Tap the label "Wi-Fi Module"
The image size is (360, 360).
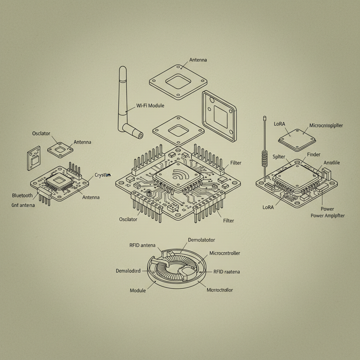pyautogui.click(x=150, y=105)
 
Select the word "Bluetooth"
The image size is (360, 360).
pyautogui.click(x=22, y=195)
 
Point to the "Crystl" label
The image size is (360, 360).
pyautogui.click(x=102, y=175)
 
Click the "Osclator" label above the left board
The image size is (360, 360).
pyautogui.click(x=41, y=134)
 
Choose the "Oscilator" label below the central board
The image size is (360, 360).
pyautogui.click(x=128, y=219)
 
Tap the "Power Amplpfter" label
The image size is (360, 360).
pyautogui.click(x=328, y=216)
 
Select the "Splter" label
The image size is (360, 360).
pyautogui.click(x=279, y=157)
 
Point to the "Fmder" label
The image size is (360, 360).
pyautogui.click(x=314, y=155)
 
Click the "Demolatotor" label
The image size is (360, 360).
pyautogui.click(x=201, y=240)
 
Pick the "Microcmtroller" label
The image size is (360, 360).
pyautogui.click(x=225, y=253)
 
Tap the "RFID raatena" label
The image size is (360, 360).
pyautogui.click(x=227, y=272)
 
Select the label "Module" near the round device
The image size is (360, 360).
pyautogui.click(x=138, y=291)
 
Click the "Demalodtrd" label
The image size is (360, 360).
pyautogui.click(x=128, y=271)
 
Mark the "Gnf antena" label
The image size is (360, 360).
pyautogui.click(x=23, y=205)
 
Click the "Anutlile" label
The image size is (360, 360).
pyautogui.click(x=332, y=162)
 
